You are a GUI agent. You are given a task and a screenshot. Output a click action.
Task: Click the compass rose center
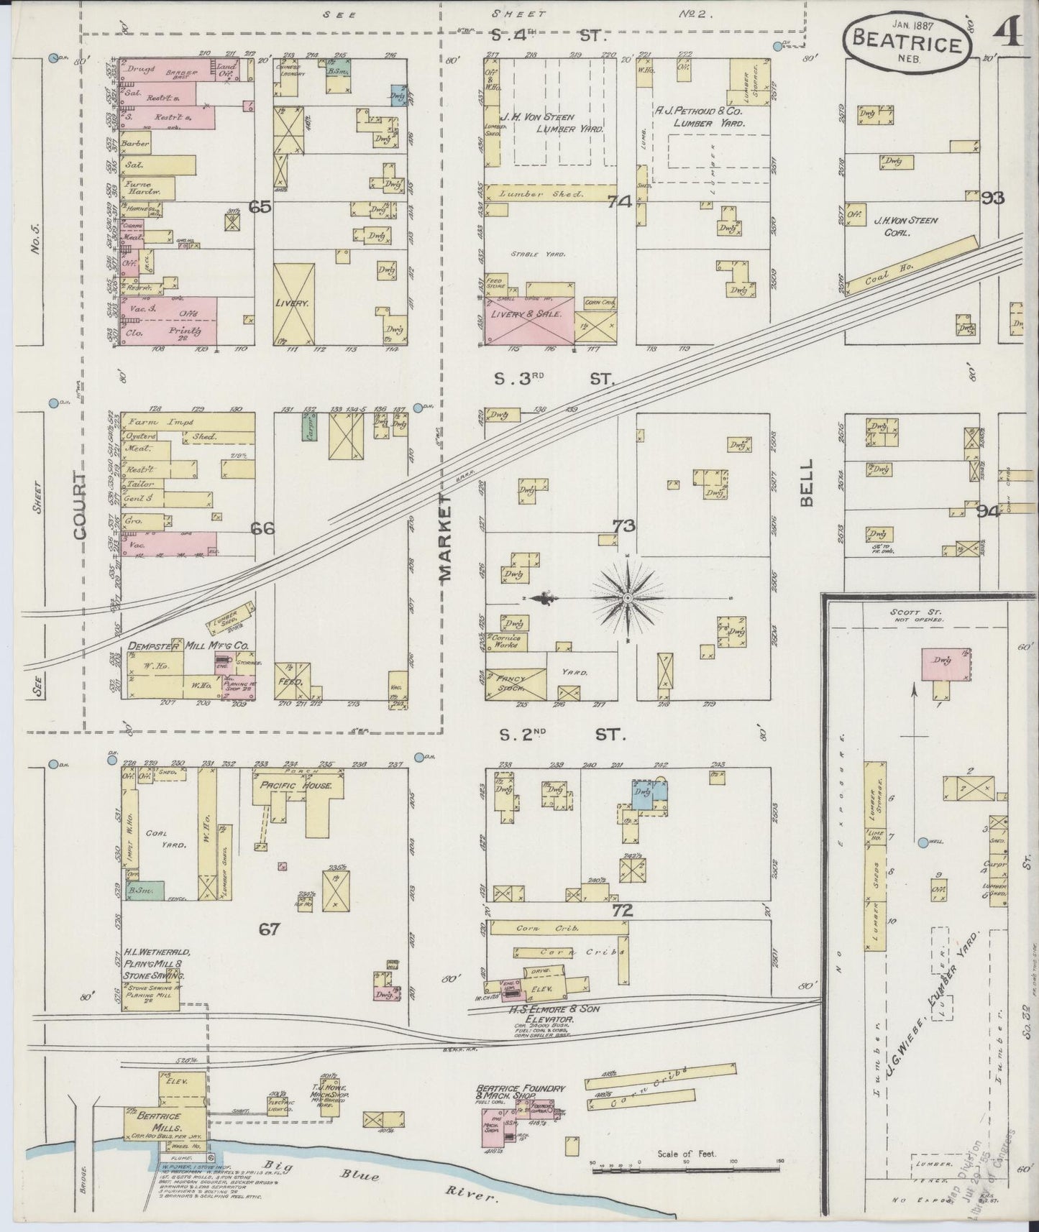coord(628,598)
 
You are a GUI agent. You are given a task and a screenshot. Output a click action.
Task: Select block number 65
coord(260,207)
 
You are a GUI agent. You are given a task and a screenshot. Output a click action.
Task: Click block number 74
coord(618,202)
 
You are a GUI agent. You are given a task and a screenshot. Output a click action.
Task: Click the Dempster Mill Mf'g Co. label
coord(188,646)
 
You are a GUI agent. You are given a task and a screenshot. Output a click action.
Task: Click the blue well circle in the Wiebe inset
coord(923,842)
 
